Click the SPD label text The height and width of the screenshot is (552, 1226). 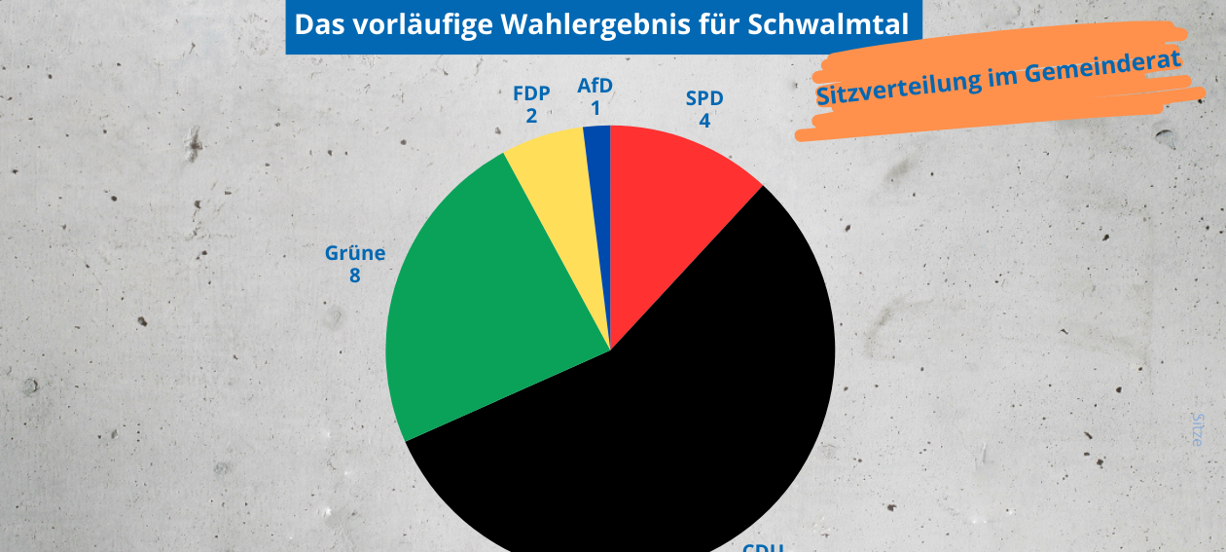[704, 98]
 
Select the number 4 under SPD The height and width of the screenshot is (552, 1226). [704, 121]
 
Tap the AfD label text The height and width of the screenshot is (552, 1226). [595, 86]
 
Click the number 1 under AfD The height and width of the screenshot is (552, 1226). [595, 108]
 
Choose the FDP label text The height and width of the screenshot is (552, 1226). [531, 93]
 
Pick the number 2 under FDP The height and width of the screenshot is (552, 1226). [531, 116]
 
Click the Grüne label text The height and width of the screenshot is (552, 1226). [355, 254]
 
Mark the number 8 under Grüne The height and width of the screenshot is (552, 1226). [355, 276]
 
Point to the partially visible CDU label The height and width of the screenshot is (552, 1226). [763, 547]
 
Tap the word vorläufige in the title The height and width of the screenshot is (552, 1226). [418, 25]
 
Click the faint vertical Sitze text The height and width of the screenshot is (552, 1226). [1198, 429]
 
